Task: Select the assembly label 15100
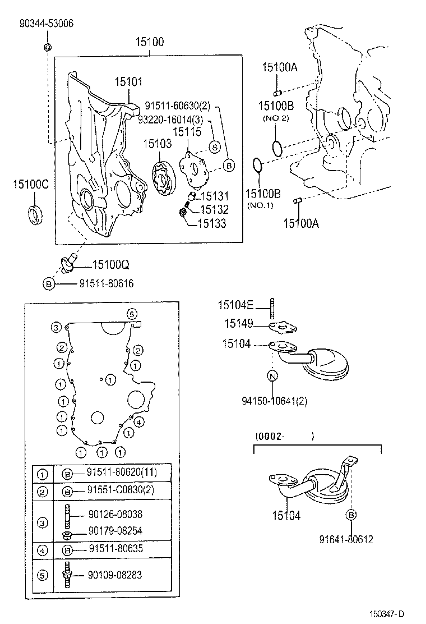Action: (x=150, y=42)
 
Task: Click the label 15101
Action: (x=129, y=81)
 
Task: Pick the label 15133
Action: (x=212, y=224)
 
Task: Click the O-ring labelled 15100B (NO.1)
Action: (x=256, y=167)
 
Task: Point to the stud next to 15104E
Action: (x=272, y=308)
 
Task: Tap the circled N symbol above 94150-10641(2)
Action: (x=272, y=376)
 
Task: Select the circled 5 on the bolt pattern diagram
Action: (x=131, y=313)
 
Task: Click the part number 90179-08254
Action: (x=115, y=531)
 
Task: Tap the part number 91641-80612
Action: (x=346, y=539)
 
